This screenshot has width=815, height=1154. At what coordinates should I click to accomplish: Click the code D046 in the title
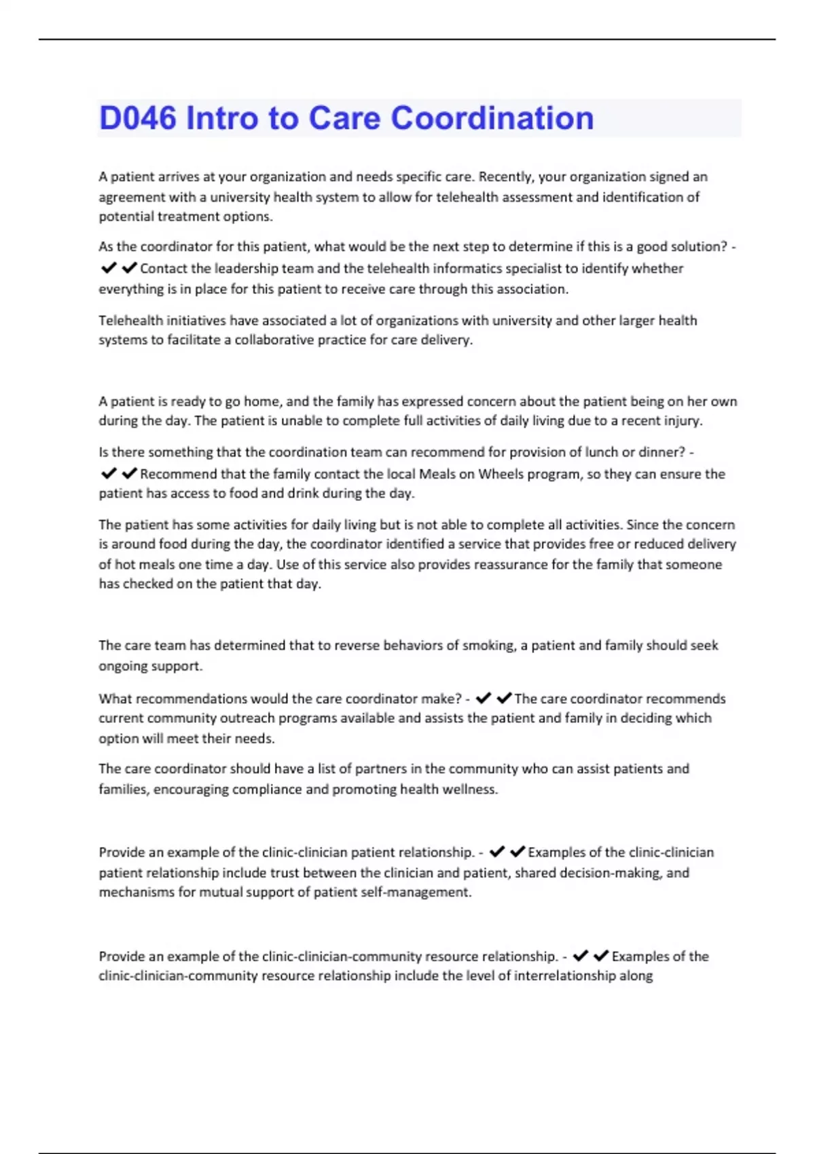(x=138, y=118)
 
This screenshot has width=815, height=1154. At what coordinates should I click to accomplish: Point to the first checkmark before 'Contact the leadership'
(x=109, y=268)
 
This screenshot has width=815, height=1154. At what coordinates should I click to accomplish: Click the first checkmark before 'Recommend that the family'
(x=109, y=474)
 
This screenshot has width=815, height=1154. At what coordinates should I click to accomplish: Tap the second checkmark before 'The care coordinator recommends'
(x=504, y=699)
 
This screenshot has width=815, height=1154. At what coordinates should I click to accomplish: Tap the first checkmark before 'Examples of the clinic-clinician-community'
(x=580, y=956)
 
